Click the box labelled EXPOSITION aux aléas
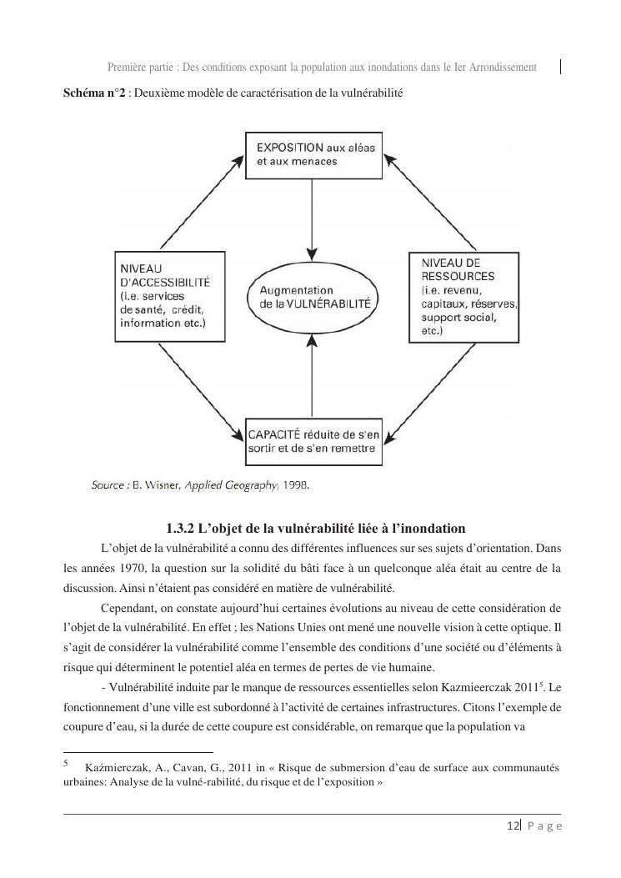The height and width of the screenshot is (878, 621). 312,154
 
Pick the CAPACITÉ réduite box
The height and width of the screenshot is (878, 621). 312,442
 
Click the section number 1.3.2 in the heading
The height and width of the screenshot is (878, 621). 180,529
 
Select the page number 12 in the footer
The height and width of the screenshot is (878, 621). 513,825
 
